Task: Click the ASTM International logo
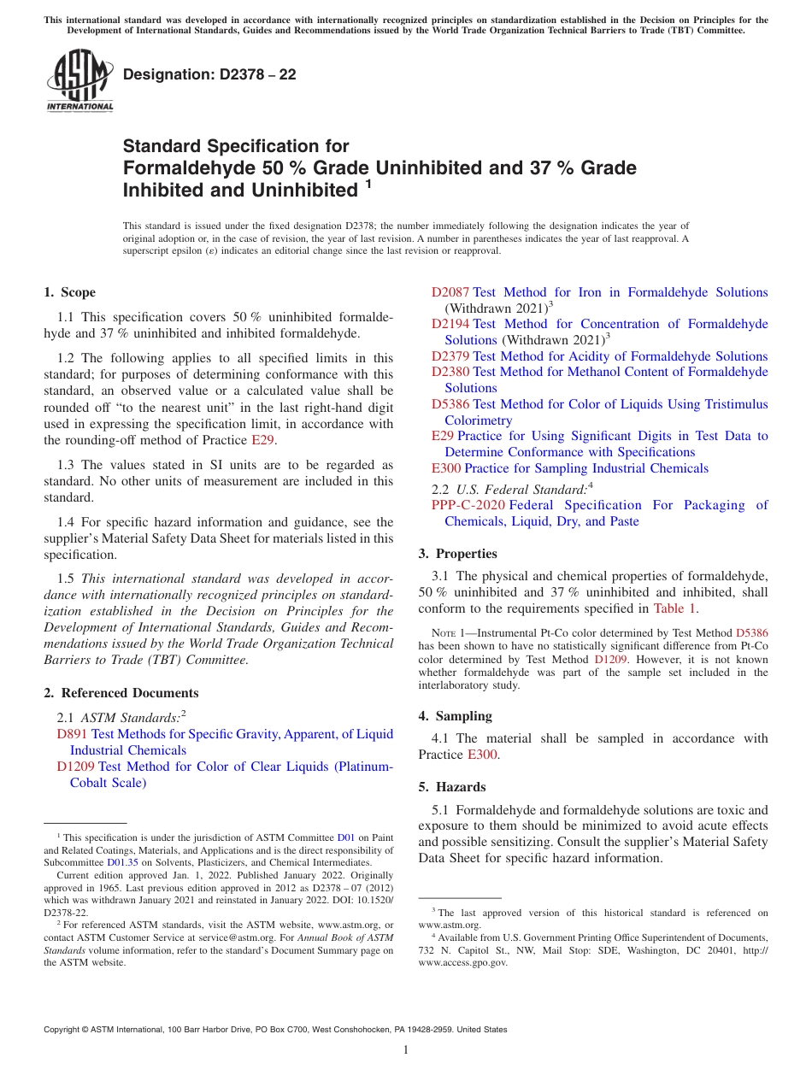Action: pyautogui.click(x=79, y=80)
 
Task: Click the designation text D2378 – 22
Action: pyautogui.click(x=209, y=74)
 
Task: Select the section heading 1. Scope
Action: pyautogui.click(x=70, y=292)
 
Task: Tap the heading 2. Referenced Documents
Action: pyautogui.click(x=121, y=693)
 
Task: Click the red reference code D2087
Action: pyautogui.click(x=450, y=292)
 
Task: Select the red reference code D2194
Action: pyautogui.click(x=450, y=324)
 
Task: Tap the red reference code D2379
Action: pyautogui.click(x=450, y=356)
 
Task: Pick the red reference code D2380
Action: pyautogui.click(x=450, y=372)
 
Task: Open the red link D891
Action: pyautogui.click(x=72, y=734)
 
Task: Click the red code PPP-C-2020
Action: pyautogui.click(x=468, y=505)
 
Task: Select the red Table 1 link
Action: pyautogui.click(x=675, y=608)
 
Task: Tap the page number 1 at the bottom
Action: pyautogui.click(x=406, y=1049)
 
